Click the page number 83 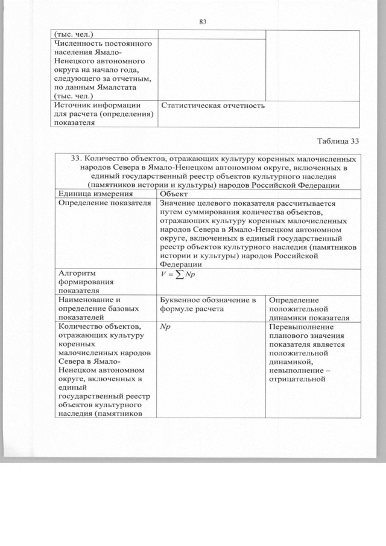[203, 22]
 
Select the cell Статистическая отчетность [214, 106]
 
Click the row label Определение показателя [103, 204]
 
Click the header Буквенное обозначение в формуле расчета [208, 305]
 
